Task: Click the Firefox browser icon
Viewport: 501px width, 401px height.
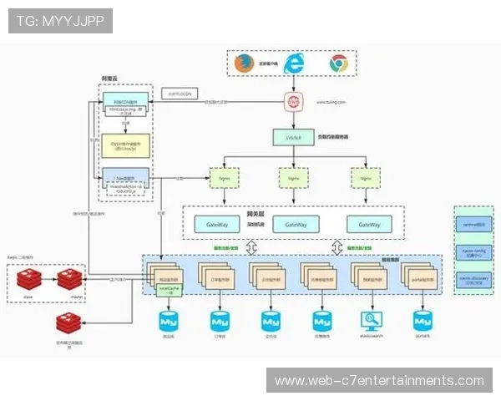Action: [243, 63]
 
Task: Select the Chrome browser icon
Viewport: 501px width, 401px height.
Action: [338, 63]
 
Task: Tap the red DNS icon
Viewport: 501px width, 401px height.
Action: [293, 102]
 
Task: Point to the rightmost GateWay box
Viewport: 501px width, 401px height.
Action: [369, 225]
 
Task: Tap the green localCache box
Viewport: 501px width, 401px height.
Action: [164, 290]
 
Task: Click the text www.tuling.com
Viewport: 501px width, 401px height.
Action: [331, 102]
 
